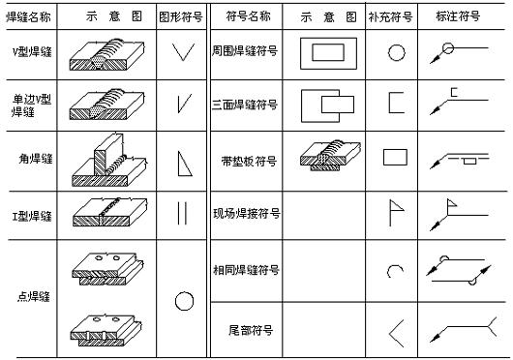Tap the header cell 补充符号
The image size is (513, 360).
(x=395, y=17)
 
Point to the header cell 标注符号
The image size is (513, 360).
(x=465, y=17)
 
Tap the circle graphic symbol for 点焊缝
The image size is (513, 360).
(x=184, y=301)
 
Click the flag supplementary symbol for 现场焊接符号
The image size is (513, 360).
(x=395, y=211)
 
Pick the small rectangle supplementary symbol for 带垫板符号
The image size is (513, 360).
(x=395, y=156)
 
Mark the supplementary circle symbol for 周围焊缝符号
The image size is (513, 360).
(x=395, y=54)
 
